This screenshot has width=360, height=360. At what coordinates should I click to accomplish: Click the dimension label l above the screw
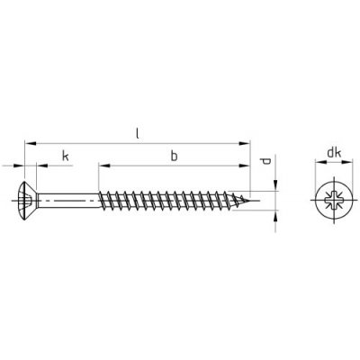[138, 133]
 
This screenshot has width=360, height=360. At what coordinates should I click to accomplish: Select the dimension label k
[66, 157]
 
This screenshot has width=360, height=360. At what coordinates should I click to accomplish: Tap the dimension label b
[174, 156]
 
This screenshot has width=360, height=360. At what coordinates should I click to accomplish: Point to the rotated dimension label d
[265, 161]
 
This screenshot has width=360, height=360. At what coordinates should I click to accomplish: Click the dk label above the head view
[334, 153]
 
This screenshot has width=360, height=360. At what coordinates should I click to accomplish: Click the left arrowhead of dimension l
[31, 144]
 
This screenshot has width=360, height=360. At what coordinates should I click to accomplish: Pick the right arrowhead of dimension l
[244, 144]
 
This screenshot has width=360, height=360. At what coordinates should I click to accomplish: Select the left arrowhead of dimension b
[104, 166]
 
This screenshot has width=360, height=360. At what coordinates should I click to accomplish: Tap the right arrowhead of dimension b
[244, 166]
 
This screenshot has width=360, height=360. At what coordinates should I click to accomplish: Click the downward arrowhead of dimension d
[275, 185]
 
